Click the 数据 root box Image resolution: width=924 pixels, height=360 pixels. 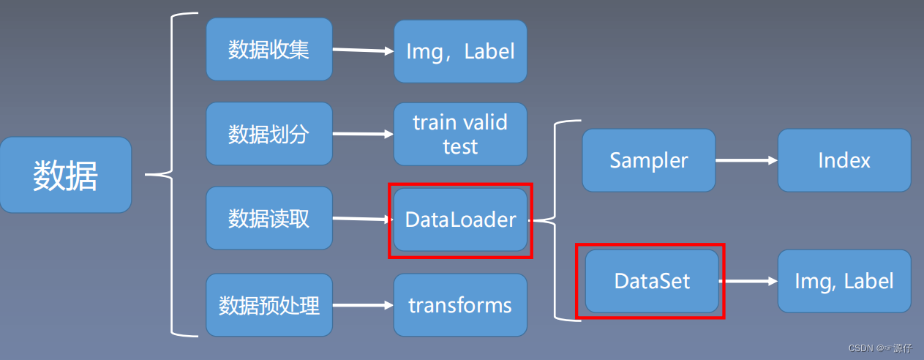click(66, 176)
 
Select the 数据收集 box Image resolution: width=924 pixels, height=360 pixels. click(269, 50)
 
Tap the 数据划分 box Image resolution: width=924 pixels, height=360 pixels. click(269, 134)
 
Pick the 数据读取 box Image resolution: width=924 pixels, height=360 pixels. click(269, 218)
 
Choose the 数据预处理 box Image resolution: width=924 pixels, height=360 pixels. click(269, 305)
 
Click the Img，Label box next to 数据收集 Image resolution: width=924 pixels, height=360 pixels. click(460, 51)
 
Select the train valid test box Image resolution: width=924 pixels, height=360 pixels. click(460, 134)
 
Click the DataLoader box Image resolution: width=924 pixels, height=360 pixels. click(460, 220)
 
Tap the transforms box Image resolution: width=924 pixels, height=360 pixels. click(460, 305)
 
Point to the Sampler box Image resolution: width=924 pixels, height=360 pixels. click(649, 161)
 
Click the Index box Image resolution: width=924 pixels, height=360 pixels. click(844, 161)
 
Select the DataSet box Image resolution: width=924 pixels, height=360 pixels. click(651, 282)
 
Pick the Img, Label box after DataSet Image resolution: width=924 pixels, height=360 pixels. click(844, 282)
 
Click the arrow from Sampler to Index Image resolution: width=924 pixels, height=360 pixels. click(746, 160)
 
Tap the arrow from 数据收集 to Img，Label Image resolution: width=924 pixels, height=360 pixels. click(363, 50)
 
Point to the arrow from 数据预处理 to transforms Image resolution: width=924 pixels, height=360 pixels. click(363, 306)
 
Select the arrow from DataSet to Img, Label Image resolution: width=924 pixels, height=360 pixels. click(748, 281)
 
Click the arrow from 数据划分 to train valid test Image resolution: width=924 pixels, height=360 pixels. click(363, 134)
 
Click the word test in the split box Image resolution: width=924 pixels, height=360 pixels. click(460, 146)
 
